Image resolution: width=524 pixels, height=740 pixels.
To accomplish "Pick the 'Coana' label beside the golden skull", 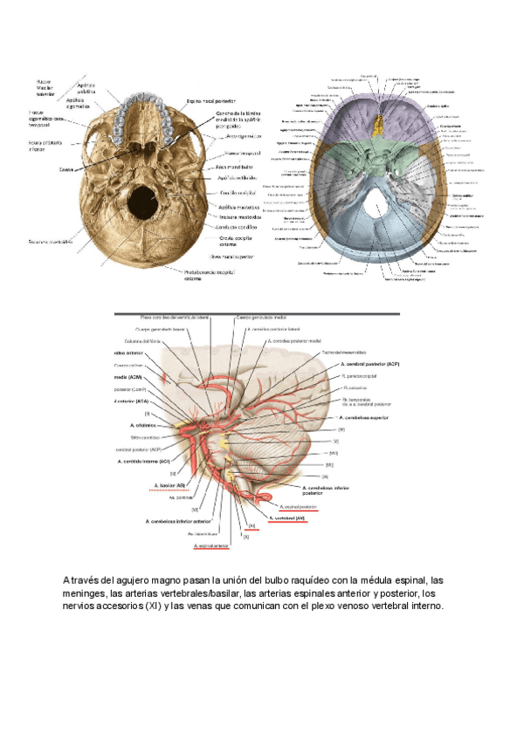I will click(x=65, y=169).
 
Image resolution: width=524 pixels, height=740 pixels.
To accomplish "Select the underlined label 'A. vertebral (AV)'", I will click(x=286, y=517).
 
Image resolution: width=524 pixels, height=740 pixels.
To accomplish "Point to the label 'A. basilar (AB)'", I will click(x=169, y=485).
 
